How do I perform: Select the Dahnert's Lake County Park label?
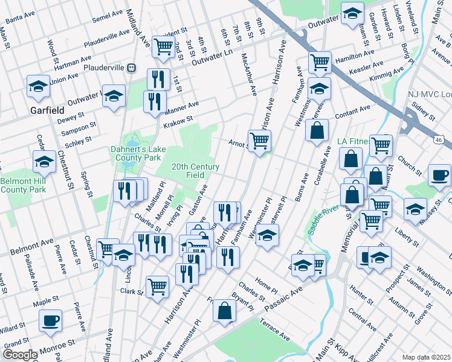[135, 153]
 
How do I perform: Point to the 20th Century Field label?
[195, 171]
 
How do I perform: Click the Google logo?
[20, 355]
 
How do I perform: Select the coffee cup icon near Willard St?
[50, 320]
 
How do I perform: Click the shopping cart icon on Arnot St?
[259, 141]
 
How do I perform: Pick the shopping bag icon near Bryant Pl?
[224, 311]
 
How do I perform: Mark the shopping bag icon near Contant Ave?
[317, 130]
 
